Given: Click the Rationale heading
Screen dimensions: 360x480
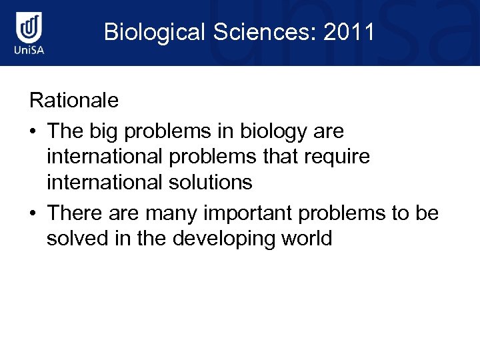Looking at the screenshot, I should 74,101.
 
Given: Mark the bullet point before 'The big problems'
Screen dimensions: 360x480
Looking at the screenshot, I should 33,132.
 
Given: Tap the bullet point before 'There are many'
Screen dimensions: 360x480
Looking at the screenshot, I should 33,213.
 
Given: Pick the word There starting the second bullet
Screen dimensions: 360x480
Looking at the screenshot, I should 72,213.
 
